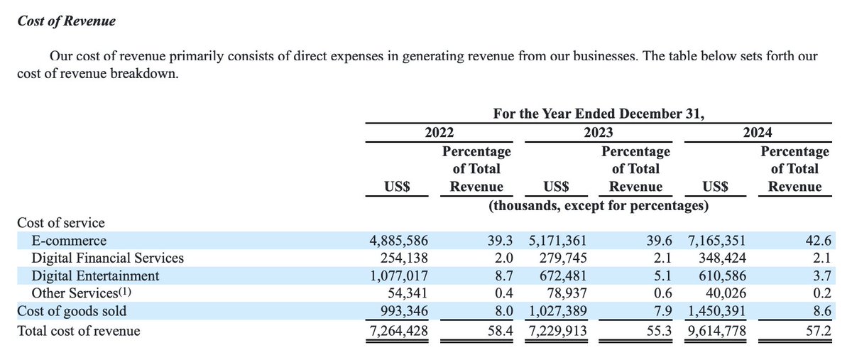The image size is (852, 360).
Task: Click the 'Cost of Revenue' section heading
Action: point(66,21)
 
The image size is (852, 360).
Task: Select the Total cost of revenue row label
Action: point(79,330)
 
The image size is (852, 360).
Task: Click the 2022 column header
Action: point(439,133)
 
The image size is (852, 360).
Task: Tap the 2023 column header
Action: point(598,133)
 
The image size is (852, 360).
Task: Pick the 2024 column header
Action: point(758,133)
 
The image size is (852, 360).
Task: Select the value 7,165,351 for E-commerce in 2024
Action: point(716,241)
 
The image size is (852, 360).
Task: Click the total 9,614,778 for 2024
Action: point(716,330)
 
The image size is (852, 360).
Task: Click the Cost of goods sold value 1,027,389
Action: point(557,312)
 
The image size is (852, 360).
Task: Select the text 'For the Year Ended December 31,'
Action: point(598,114)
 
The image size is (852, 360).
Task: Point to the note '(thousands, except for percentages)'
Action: point(598,205)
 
